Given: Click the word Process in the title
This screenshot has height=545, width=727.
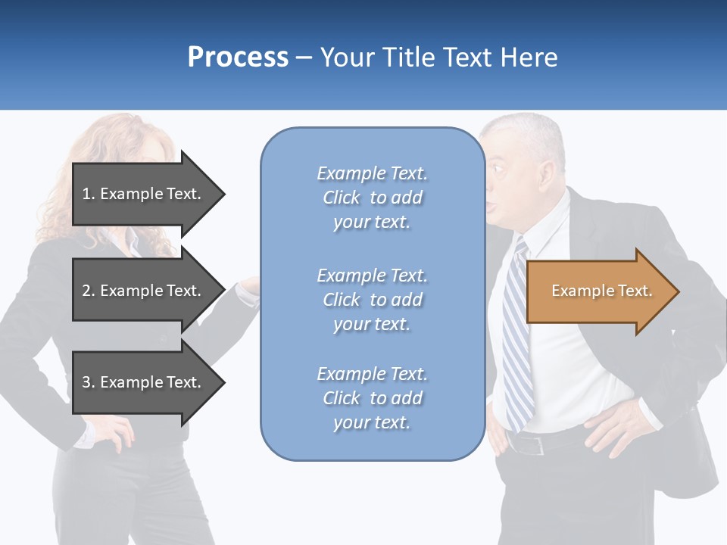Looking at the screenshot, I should pyautogui.click(x=238, y=58).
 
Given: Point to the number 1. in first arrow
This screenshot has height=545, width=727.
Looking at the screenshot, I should pyautogui.click(x=89, y=194).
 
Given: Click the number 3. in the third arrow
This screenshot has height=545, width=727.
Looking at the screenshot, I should pyautogui.click(x=89, y=382).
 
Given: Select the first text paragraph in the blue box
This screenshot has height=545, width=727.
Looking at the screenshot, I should pyautogui.click(x=372, y=198).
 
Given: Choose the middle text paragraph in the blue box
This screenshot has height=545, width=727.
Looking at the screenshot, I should pyautogui.click(x=372, y=300).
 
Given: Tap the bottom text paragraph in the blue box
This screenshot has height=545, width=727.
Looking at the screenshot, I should pyautogui.click(x=372, y=398).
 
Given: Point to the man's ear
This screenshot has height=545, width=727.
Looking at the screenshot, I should pyautogui.click(x=544, y=176).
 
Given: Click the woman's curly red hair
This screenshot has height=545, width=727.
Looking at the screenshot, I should pyautogui.click(x=114, y=151).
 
